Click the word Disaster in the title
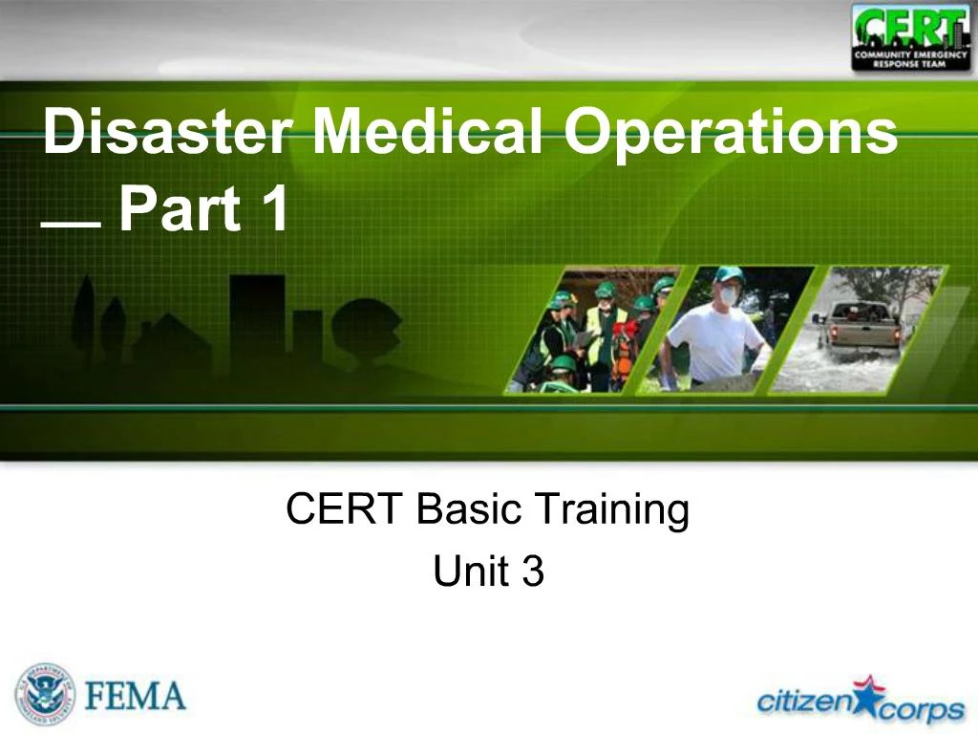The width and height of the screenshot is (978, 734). pyautogui.click(x=167, y=130)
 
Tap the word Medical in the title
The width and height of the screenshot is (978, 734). pyautogui.click(x=427, y=130)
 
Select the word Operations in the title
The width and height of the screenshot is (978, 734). pyautogui.click(x=731, y=134)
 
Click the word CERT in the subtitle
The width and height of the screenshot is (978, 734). pyautogui.click(x=343, y=508)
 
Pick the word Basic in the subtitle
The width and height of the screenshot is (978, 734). pyautogui.click(x=468, y=508)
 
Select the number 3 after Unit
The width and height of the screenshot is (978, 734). pyautogui.click(x=533, y=571)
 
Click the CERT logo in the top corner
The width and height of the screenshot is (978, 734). pyautogui.click(x=910, y=37)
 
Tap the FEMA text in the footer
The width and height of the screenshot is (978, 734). pyautogui.click(x=135, y=696)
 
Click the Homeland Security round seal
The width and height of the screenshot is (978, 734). pyautogui.click(x=44, y=696)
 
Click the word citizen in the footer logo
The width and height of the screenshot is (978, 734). pyautogui.click(x=804, y=701)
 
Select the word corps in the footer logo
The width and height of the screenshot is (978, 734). pyautogui.click(x=922, y=711)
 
